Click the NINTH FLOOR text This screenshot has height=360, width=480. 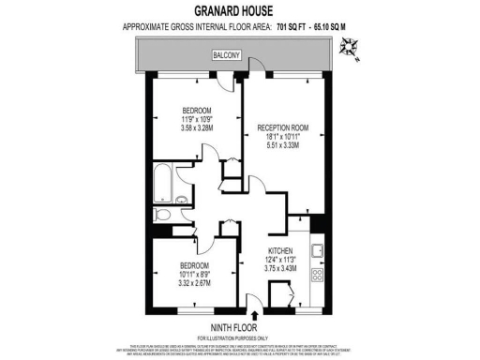(x=239, y=327)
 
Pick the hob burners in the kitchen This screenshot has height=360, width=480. (x=317, y=275)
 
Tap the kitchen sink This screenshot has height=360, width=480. (x=317, y=248)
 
